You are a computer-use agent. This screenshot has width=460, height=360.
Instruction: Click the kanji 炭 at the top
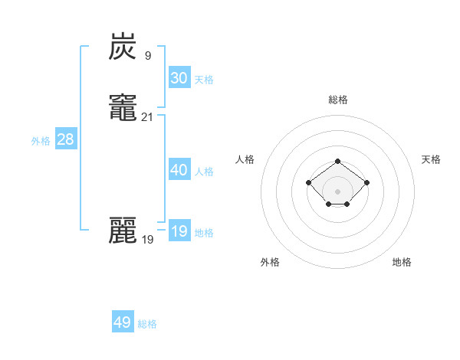pos(123,48)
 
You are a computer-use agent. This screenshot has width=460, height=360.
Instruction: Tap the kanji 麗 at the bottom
pos(123,230)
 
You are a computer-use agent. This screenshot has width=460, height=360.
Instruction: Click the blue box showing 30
pos(179,78)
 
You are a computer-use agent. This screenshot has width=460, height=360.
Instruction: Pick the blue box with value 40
pos(179,170)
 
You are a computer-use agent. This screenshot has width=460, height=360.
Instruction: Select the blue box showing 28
pos(65,139)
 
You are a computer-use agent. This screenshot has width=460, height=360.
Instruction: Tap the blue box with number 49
pos(123,322)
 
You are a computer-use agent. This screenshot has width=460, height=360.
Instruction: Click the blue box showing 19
pos(179,231)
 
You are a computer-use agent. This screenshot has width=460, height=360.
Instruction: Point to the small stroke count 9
pos(147,56)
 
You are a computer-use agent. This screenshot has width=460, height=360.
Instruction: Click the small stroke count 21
pos(148,117)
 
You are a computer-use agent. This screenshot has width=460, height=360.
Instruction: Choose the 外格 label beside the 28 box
pos(41,141)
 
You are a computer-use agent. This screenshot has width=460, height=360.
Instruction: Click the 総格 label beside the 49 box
pos(147,324)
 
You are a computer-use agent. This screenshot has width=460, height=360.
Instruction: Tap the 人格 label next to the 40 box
pos(204,172)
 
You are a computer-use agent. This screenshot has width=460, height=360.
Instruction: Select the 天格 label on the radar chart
pos(431,159)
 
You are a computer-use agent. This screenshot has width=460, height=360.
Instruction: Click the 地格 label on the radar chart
pos(402,262)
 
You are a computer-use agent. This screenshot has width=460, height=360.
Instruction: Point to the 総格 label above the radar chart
pos(338,100)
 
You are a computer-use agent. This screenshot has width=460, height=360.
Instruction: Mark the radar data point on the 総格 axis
pos(338,161)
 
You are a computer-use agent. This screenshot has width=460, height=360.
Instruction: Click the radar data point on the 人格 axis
pos(308,182)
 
